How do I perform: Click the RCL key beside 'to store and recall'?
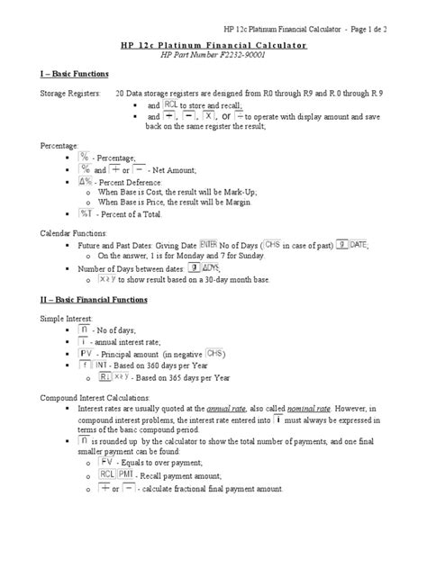pos(169,104)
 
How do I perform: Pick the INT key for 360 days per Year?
pos(117,366)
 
